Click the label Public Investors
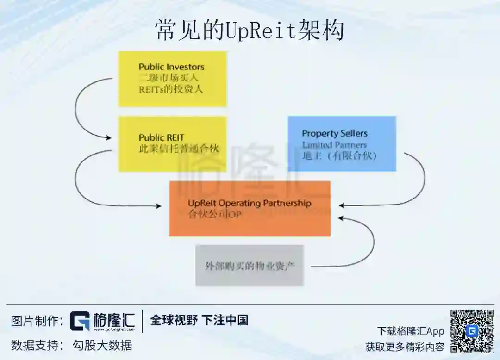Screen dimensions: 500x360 pos(171,67)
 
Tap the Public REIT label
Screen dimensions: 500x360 pos(161,137)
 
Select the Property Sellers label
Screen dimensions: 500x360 pos(334,134)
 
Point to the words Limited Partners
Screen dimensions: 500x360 pos(334,145)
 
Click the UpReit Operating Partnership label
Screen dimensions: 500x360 pos(249,203)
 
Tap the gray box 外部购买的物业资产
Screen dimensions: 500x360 pos(250,266)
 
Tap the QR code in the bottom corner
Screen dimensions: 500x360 pos(472,331)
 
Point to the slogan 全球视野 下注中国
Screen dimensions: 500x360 pos(199,320)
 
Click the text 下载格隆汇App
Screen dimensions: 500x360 pos(410,331)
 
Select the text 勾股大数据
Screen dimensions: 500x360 pos(102,345)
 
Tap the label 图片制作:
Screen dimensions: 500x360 pos(37,321)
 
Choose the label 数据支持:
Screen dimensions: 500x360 pos(37,345)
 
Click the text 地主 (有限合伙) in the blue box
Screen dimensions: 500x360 pos(339,155)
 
